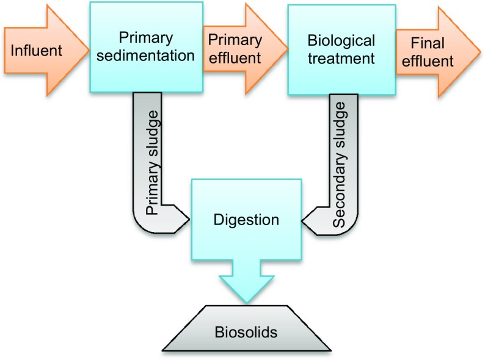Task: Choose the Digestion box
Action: [x=247, y=218]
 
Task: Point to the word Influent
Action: [x=36, y=50]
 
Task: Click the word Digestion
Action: [x=247, y=218]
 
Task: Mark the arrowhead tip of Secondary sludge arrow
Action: [x=304, y=218]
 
